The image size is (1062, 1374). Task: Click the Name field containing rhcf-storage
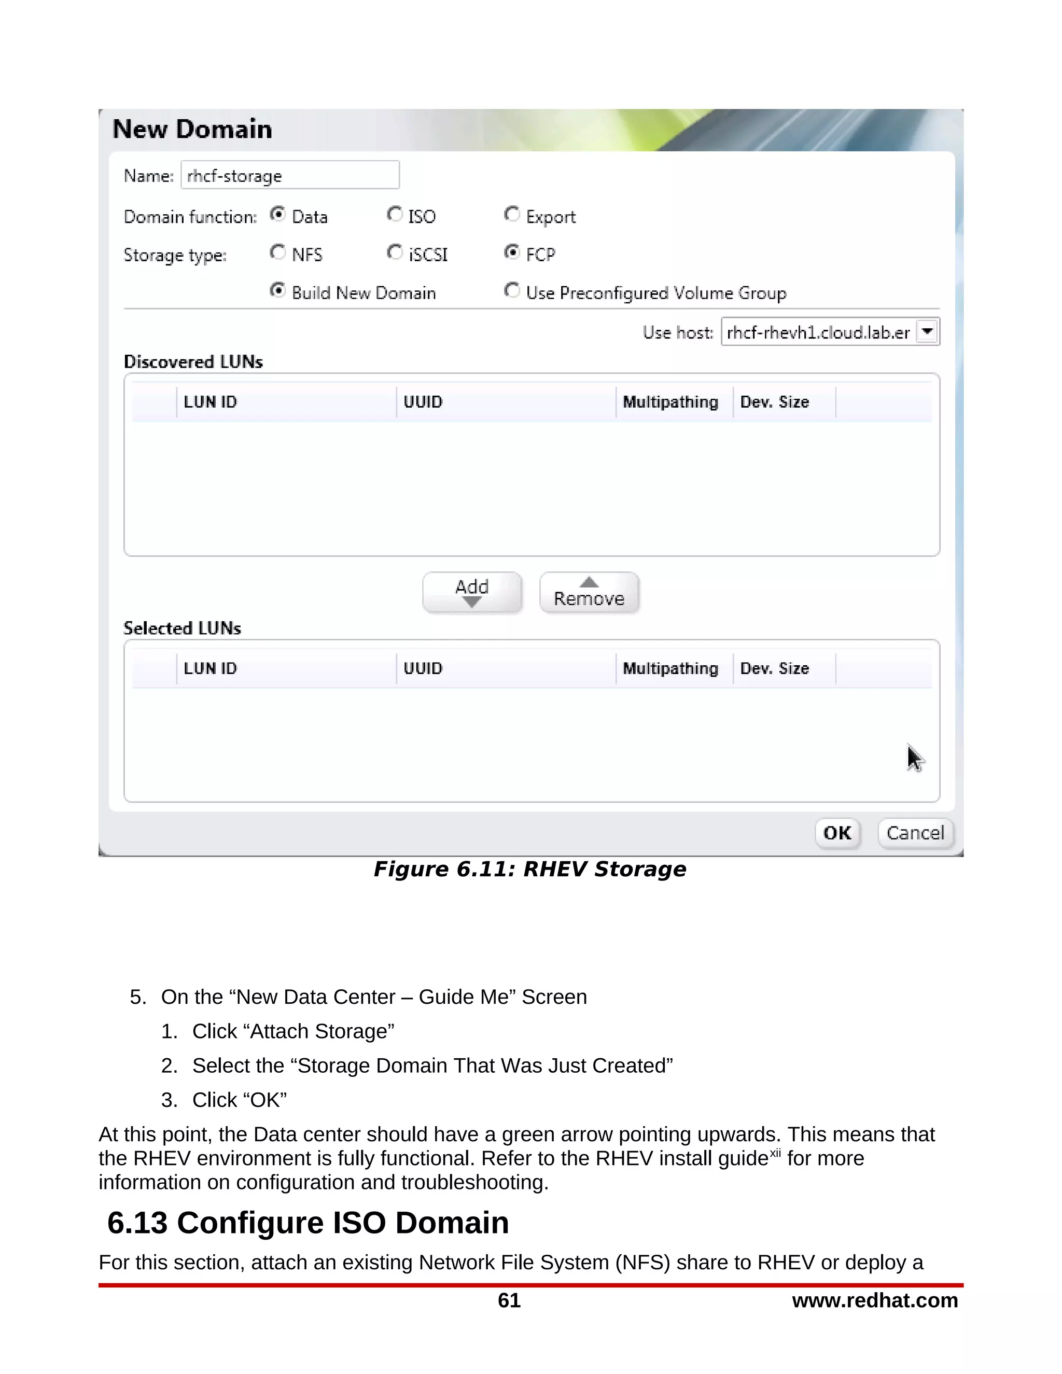(x=289, y=175)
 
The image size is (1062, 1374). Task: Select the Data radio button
(x=277, y=215)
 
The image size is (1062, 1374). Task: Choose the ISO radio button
(x=395, y=215)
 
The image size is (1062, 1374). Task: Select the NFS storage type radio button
(x=277, y=253)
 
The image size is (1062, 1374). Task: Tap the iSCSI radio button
(x=395, y=253)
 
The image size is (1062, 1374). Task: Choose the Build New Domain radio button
(x=277, y=291)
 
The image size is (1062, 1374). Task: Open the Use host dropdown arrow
(x=927, y=331)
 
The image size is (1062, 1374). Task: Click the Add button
(x=472, y=592)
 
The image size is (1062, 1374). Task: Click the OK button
(x=837, y=833)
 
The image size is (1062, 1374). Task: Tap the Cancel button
(x=915, y=833)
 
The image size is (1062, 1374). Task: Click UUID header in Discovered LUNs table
(x=423, y=402)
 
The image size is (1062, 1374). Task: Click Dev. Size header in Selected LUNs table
(x=775, y=668)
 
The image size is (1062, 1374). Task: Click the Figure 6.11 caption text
(x=530, y=869)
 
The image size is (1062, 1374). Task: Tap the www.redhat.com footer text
(x=874, y=1300)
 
